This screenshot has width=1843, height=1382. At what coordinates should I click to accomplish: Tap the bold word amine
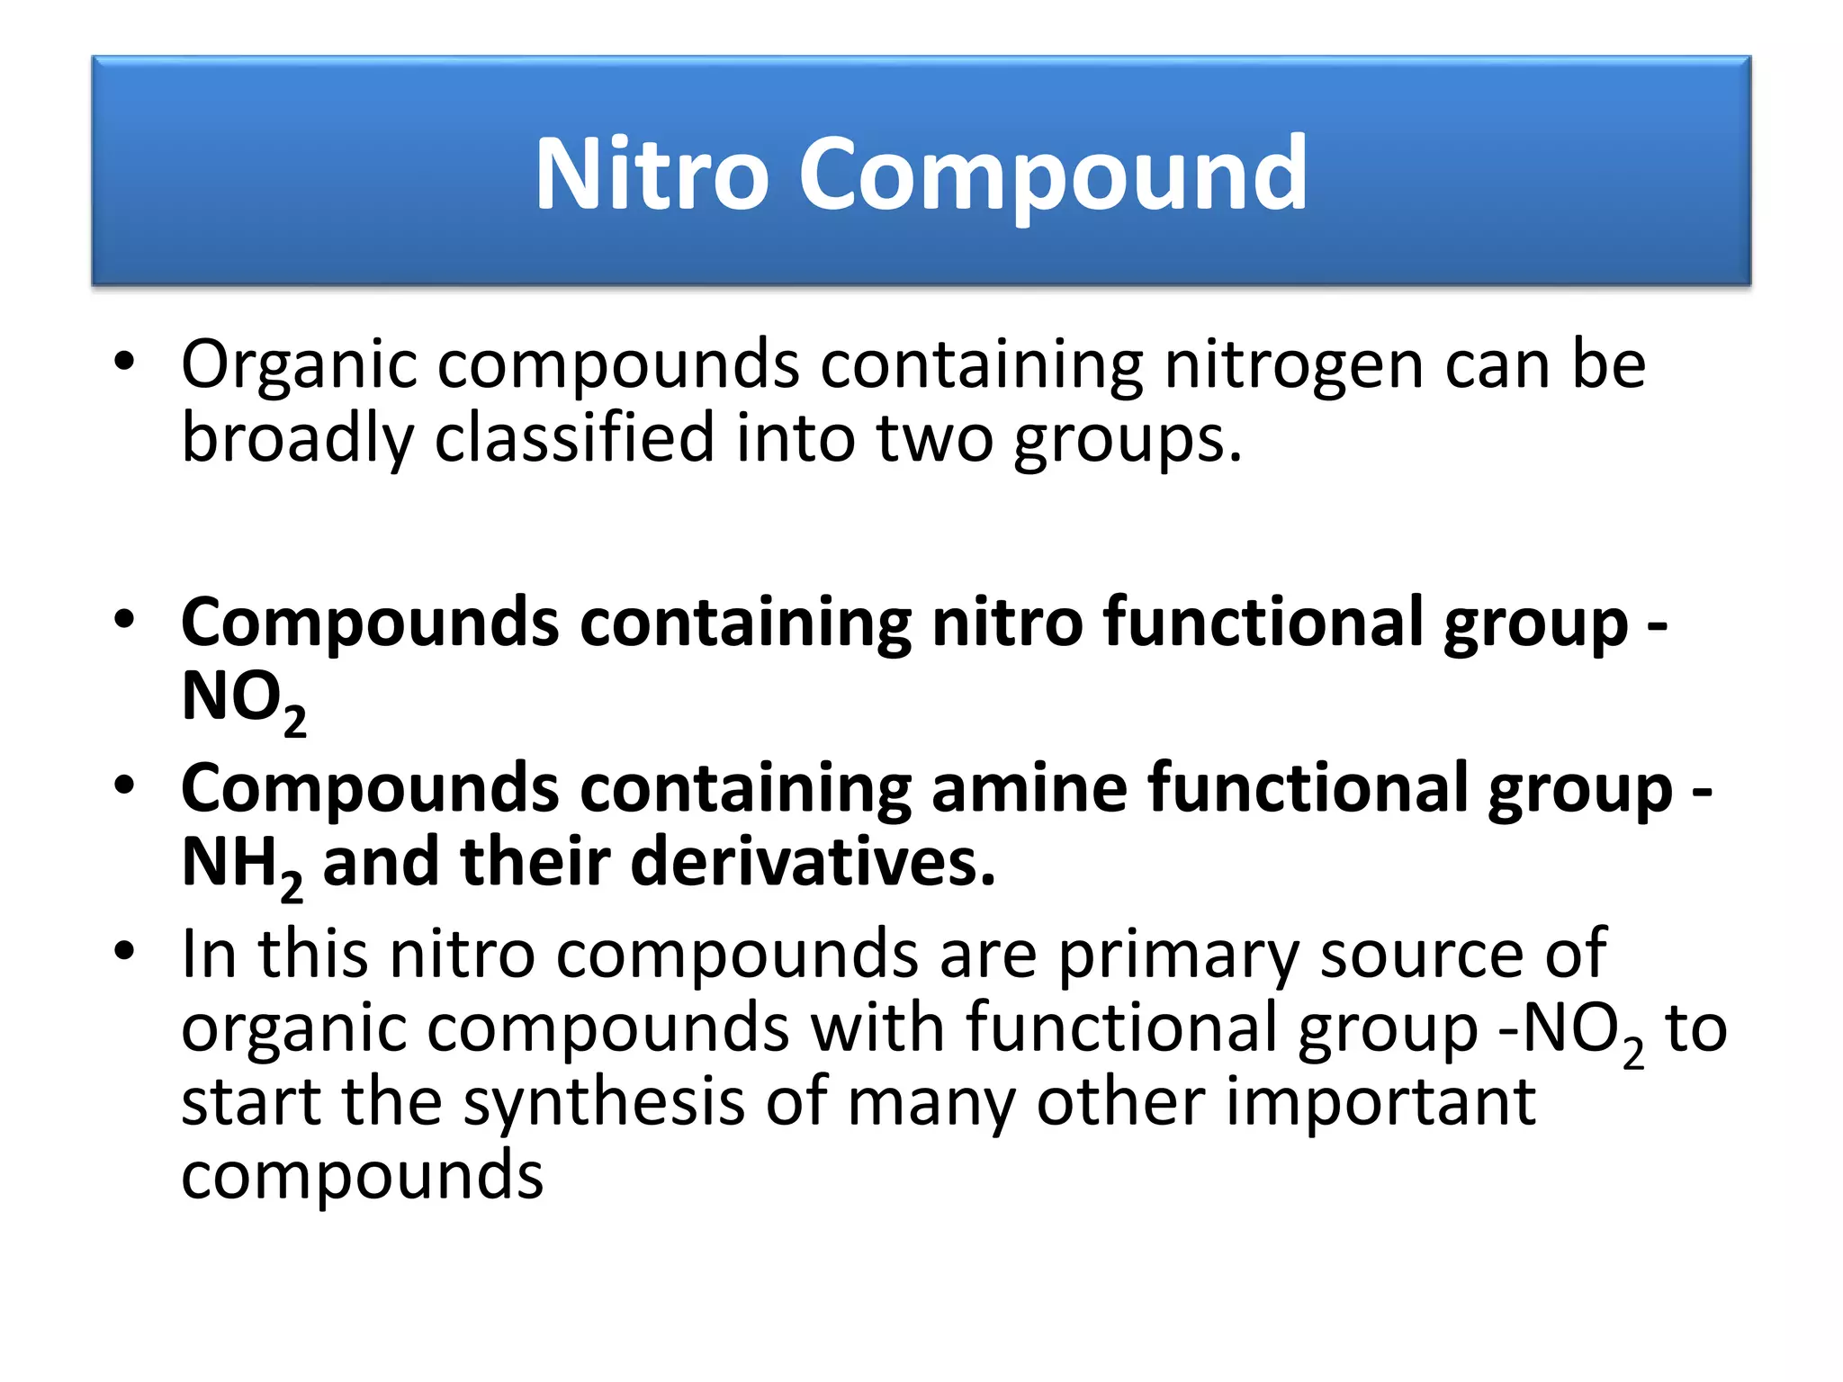tap(1029, 788)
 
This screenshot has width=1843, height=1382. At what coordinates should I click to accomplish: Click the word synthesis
tap(604, 1103)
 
